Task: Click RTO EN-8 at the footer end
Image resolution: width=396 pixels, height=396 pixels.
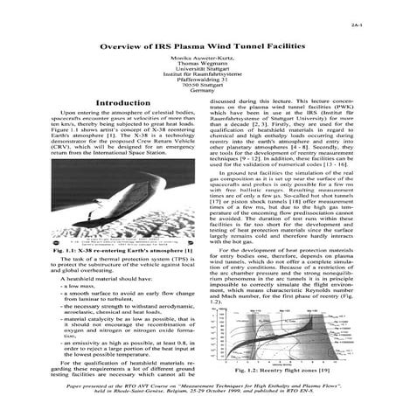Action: click(313, 378)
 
